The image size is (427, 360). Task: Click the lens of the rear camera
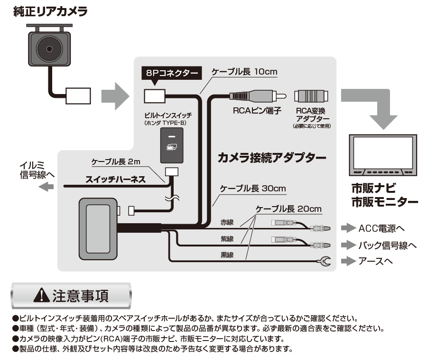(x=49, y=49)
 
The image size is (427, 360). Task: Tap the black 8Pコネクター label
(x=172, y=73)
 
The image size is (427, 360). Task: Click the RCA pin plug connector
(x=258, y=96)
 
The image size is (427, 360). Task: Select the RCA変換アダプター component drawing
(x=311, y=96)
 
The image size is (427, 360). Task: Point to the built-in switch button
(x=172, y=145)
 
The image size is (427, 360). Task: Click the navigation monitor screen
(x=383, y=152)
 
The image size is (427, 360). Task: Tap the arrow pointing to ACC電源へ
(x=348, y=228)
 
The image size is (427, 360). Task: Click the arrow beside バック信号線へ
(x=348, y=245)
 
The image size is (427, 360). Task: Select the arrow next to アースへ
(x=348, y=261)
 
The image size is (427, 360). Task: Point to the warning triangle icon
(x=41, y=295)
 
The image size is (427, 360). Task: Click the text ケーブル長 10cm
(x=244, y=72)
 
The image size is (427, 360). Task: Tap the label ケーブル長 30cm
(x=253, y=189)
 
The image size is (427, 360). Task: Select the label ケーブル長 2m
(x=116, y=161)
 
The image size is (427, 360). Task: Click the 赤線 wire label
(x=227, y=222)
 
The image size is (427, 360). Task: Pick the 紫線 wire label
(x=227, y=239)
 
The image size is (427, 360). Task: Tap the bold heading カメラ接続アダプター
(x=272, y=158)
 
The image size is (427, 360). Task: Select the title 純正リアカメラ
(x=50, y=12)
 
